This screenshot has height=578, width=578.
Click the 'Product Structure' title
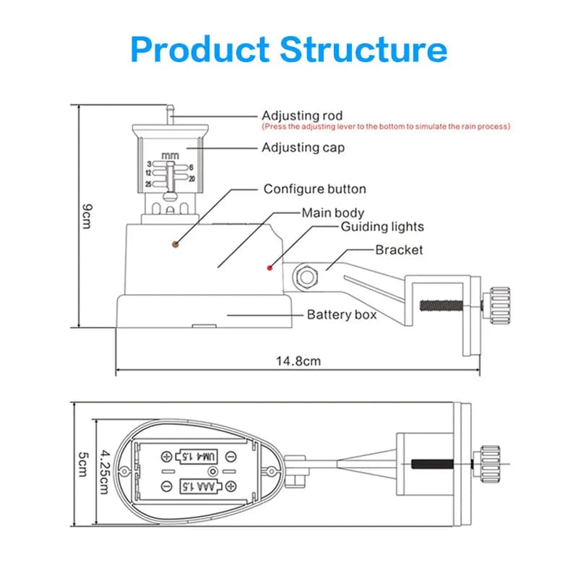pyautogui.click(x=289, y=49)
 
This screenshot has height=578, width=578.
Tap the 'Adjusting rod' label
pyautogui.click(x=302, y=116)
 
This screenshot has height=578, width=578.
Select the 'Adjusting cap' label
pyautogui.click(x=303, y=147)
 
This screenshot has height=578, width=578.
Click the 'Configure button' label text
pyautogui.click(x=314, y=189)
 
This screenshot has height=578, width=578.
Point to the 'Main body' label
pyautogui.click(x=332, y=213)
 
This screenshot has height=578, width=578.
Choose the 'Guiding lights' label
pyautogui.click(x=382, y=227)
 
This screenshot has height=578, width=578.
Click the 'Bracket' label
pyautogui.click(x=399, y=250)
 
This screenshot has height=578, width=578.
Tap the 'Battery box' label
pyautogui.click(x=342, y=315)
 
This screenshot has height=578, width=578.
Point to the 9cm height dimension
pyautogui.click(x=86, y=215)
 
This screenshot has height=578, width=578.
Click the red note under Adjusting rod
pyautogui.click(x=386, y=126)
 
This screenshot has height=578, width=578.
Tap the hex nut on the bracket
pyautogui.click(x=305, y=275)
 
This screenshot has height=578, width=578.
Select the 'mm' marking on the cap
pyautogui.click(x=171, y=155)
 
